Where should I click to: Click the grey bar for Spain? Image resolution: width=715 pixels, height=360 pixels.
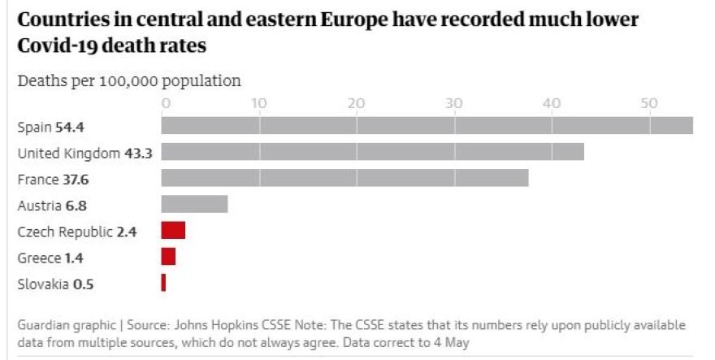pyautogui.click(x=427, y=125)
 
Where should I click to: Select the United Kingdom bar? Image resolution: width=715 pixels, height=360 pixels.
pyautogui.click(x=372, y=152)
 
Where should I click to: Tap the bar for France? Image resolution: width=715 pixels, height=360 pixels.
pyautogui.click(x=344, y=178)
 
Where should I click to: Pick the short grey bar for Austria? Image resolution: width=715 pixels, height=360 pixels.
pyautogui.click(x=194, y=204)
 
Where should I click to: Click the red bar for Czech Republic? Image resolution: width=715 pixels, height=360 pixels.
pyautogui.click(x=173, y=231)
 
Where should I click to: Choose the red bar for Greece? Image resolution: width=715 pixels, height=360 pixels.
pyautogui.click(x=168, y=257)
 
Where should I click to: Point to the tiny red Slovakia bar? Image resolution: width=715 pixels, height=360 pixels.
pyautogui.click(x=163, y=283)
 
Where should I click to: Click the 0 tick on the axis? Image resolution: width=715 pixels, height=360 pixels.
pyautogui.click(x=165, y=103)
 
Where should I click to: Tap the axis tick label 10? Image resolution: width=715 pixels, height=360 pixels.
pyautogui.click(x=259, y=103)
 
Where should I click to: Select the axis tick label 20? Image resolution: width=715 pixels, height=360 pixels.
pyautogui.click(x=357, y=103)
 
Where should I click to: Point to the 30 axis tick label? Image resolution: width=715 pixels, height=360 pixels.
pyautogui.click(x=454, y=103)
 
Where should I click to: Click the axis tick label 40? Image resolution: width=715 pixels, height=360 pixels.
pyautogui.click(x=552, y=103)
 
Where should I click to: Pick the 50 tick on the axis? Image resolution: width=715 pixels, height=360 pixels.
pyautogui.click(x=648, y=103)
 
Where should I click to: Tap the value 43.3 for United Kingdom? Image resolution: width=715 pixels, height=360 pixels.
pyautogui.click(x=138, y=153)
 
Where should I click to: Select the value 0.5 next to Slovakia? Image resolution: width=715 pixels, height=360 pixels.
pyautogui.click(x=83, y=284)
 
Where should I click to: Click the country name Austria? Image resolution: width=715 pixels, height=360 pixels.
pyautogui.click(x=37, y=206)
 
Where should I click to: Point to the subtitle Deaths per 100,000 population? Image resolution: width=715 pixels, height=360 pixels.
pyautogui.click(x=129, y=80)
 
